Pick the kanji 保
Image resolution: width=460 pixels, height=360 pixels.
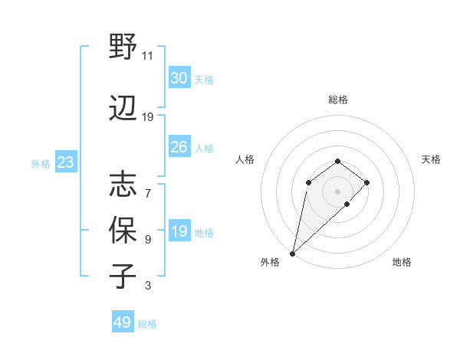coord(123,229)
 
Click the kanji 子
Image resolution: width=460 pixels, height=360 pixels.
coord(123,275)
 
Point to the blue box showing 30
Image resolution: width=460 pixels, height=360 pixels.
coord(179,78)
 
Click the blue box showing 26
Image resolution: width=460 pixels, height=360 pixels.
coord(179,147)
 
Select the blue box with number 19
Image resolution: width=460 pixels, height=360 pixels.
coord(179,231)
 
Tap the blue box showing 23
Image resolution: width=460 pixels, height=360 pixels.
coord(65,162)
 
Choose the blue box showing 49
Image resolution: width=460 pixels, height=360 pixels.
coord(123,322)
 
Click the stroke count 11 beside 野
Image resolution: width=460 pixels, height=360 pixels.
coord(148,56)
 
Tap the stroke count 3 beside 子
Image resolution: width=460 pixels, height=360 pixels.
coord(148,286)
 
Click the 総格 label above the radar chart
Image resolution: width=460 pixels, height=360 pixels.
coord(337,100)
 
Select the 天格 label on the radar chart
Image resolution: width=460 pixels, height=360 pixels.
coord(431,159)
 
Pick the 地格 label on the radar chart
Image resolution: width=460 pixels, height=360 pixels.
coord(402,262)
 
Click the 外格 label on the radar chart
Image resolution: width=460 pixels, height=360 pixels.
coord(270,262)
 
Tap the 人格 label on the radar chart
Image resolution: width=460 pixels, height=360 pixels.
coord(245,159)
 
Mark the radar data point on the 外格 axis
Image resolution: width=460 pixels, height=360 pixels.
coord(292,253)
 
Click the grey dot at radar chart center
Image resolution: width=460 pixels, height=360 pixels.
coord(337,191)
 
